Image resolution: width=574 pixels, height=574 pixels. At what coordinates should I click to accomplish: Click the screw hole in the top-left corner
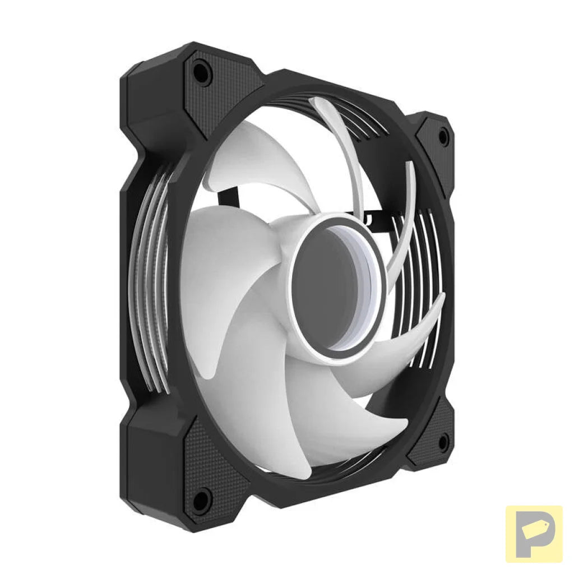click(x=202, y=72)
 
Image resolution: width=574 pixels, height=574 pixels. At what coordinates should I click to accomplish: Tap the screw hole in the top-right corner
click(x=443, y=136)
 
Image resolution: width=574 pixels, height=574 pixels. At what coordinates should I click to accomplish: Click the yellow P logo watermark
click(x=534, y=534)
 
